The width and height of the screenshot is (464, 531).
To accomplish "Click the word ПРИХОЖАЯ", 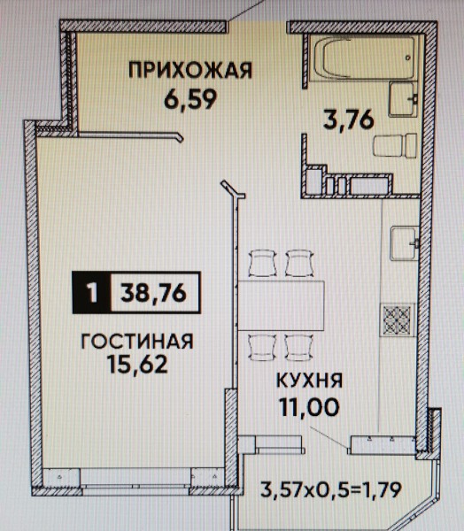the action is point(190,71).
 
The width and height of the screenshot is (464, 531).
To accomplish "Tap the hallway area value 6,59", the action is point(190,99).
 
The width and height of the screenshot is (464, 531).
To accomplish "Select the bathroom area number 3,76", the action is point(349,119).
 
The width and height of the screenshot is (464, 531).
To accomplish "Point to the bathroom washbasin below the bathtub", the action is point(402,99).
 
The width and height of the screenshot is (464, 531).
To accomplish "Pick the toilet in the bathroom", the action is point(395,145).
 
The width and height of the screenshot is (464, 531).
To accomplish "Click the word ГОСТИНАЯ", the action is point(137,342).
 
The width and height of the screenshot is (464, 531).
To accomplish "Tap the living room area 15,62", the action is point(137,364).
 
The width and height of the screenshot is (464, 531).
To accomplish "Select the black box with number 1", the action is point(91,293).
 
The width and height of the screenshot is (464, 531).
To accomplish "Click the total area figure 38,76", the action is point(153,293).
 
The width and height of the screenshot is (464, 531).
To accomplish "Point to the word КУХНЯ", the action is point(309,381).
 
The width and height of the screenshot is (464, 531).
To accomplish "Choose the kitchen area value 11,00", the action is point(309,406).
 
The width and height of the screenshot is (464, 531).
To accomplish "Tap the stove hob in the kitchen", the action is point(397,320).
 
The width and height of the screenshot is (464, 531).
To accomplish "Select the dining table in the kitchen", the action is point(281,305).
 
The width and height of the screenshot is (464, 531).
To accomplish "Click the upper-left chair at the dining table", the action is point(263,263).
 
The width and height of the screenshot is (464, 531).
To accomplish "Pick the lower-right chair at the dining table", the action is point(298,348).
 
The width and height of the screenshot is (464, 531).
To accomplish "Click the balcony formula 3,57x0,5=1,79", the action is point(331,489).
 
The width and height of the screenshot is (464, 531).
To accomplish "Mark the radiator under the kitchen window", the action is point(383,444).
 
